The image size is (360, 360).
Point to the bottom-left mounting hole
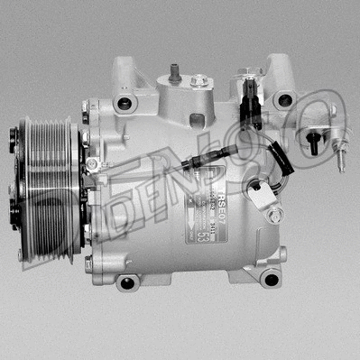pos(128,282)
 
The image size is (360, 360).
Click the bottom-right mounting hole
pos(269,278)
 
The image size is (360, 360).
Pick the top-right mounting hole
pos(286,100)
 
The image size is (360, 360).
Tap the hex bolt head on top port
pos(195,81)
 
